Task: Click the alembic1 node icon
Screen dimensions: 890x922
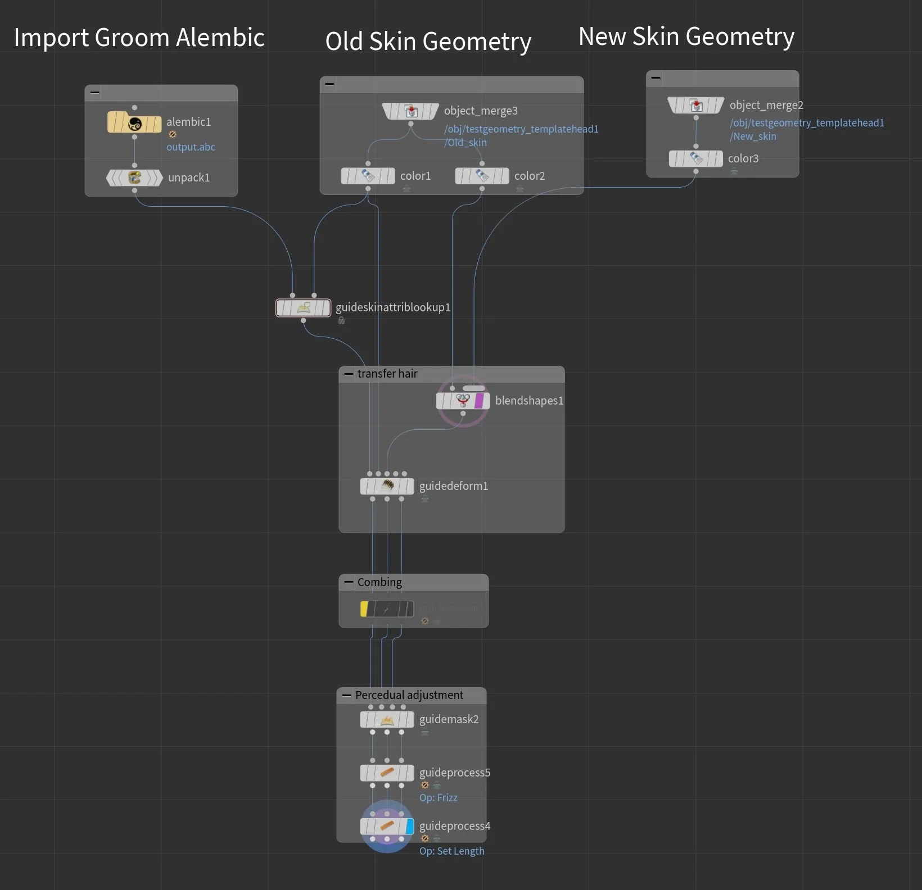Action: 134,122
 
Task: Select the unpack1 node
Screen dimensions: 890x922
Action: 134,178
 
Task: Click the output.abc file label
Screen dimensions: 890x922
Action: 191,147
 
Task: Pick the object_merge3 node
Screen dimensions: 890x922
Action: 410,111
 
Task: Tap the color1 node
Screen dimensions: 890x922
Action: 368,176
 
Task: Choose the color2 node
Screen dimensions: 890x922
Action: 482,176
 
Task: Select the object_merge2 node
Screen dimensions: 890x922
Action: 695,106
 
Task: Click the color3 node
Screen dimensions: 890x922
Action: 695,159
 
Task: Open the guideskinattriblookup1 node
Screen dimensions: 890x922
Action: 303,308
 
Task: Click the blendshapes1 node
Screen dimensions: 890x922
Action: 463,401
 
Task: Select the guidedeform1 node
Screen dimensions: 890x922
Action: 387,486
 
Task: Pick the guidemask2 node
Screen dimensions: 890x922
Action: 387,720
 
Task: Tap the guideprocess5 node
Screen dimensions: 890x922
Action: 387,773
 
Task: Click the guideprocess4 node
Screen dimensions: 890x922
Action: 387,827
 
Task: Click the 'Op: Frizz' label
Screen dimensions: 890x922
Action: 439,798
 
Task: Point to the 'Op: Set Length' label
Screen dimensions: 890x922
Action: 451,851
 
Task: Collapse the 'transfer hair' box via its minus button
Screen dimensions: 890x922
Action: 349,374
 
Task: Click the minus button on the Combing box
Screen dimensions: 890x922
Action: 349,583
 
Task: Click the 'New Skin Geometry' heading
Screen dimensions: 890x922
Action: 686,37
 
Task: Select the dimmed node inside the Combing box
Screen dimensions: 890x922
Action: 387,609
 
